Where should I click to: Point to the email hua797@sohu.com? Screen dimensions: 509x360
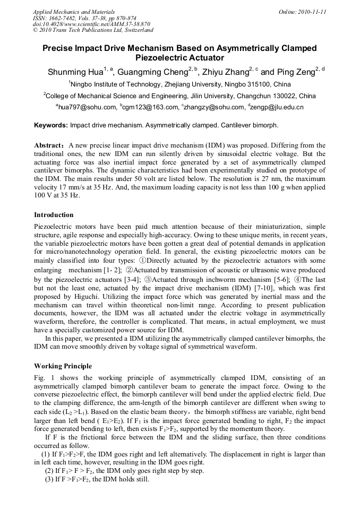88,108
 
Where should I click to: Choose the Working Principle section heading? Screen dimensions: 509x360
63,366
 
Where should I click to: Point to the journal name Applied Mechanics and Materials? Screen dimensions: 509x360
69,11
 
